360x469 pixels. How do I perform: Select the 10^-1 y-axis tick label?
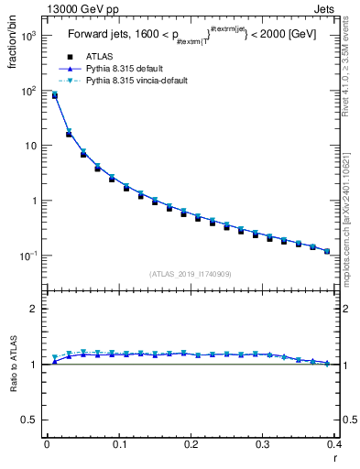(27, 255)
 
